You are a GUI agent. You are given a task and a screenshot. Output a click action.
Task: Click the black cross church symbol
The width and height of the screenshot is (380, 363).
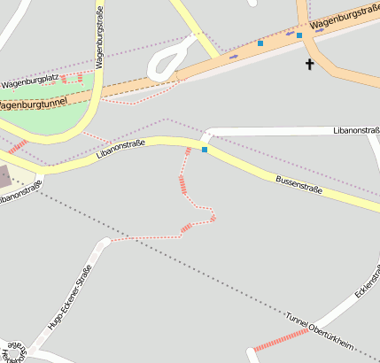310,64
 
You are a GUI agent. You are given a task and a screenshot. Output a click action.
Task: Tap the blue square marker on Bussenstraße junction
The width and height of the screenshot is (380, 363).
205,150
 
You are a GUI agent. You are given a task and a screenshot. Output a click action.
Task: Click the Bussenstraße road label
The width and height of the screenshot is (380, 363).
299,184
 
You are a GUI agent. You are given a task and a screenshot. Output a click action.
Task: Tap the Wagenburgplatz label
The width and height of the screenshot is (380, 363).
30,82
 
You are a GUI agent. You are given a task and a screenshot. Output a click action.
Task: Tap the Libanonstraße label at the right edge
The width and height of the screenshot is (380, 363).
356,130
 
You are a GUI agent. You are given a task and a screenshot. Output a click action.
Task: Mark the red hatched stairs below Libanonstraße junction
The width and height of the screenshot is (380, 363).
182,183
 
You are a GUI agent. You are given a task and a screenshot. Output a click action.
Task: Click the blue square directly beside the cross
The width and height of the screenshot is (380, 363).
299,35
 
